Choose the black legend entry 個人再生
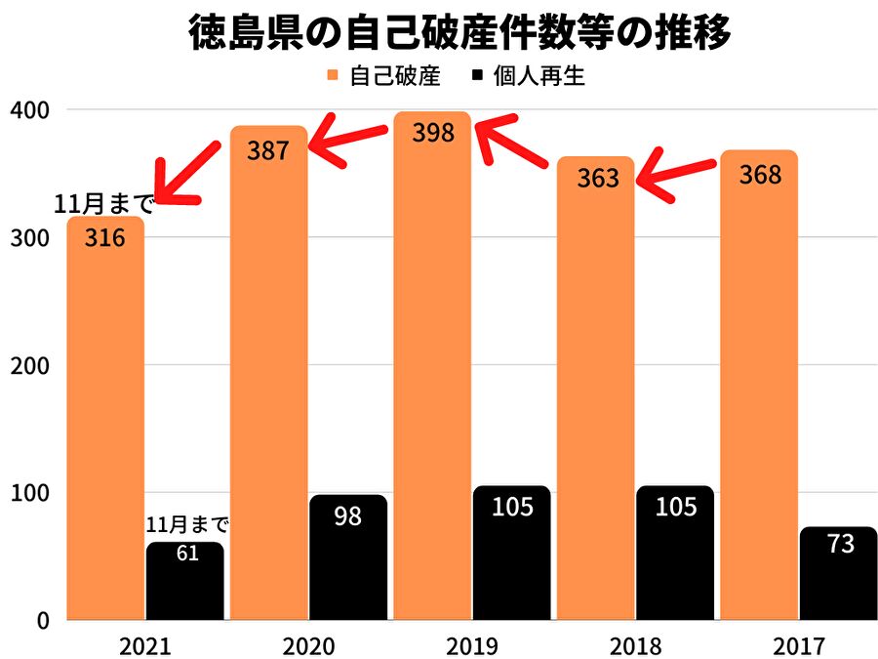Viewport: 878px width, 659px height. coord(527,76)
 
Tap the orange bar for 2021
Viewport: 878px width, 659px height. coord(104,420)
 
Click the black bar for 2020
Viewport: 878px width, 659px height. coord(348,556)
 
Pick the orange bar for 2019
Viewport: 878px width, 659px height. coord(432,371)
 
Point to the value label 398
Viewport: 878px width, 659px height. coord(433,133)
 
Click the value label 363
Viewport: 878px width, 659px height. coord(597,178)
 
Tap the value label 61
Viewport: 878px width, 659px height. coord(185,555)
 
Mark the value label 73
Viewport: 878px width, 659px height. coord(839,543)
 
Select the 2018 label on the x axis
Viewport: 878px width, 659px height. coord(634,645)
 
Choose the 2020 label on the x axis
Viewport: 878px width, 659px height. coord(308,645)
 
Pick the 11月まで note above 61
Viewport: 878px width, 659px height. coord(187,525)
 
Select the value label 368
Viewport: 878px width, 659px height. coord(760,174)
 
